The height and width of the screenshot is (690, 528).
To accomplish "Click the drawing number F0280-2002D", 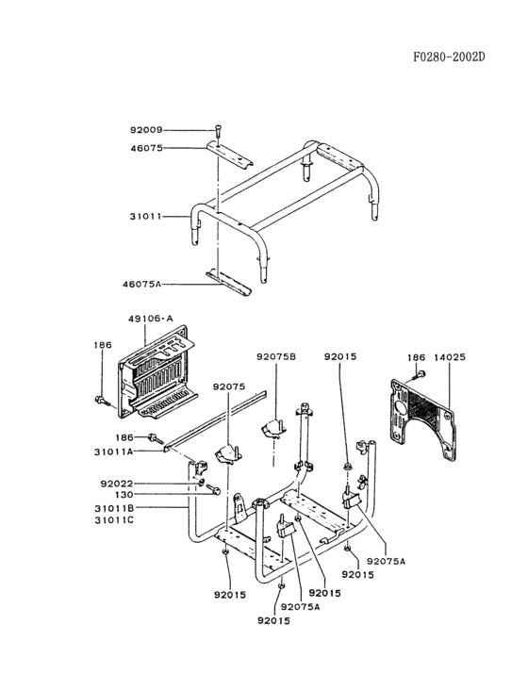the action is [x=449, y=57].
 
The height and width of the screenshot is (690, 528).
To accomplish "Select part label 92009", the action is [x=146, y=130].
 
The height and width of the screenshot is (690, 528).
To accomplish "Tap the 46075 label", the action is [x=146, y=148].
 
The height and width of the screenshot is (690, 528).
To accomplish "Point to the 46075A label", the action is [x=141, y=285].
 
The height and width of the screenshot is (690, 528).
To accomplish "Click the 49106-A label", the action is [x=151, y=319].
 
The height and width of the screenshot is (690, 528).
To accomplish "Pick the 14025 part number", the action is [x=450, y=357].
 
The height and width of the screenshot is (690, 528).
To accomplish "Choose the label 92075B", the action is [x=276, y=357].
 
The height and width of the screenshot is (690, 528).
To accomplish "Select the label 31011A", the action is [x=113, y=452].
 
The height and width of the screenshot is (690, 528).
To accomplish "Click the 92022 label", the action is [x=117, y=484].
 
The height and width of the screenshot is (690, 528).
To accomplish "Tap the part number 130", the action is [x=124, y=495].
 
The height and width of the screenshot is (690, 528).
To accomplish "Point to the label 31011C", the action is [x=114, y=520].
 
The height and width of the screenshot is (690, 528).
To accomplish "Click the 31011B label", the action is [x=114, y=509].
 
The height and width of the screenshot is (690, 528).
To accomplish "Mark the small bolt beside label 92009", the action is [x=218, y=131].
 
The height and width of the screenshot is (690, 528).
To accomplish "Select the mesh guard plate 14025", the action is [x=423, y=419].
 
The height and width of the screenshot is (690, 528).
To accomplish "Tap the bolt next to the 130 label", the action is [x=212, y=489].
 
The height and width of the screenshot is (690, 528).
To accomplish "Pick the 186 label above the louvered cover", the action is [x=103, y=345].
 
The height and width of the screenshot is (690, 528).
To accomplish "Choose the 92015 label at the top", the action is [x=340, y=357].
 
